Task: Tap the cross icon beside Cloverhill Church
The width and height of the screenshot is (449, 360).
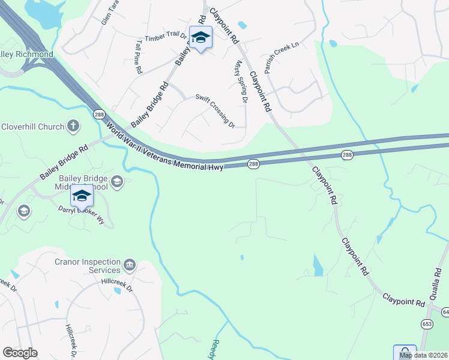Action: click(x=73, y=126)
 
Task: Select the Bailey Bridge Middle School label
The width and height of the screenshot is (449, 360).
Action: click(x=82, y=182)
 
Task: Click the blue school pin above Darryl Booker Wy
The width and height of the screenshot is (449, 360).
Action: click(x=82, y=196)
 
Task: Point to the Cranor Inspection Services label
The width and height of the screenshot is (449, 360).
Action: click(x=88, y=266)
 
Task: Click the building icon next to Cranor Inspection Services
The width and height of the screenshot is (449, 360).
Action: click(x=129, y=265)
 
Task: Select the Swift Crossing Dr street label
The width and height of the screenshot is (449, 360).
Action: click(x=215, y=110)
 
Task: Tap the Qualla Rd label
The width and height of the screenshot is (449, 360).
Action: click(x=442, y=277)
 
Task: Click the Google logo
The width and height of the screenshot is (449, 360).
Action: click(x=20, y=353)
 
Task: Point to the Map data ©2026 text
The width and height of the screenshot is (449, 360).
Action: click(x=423, y=355)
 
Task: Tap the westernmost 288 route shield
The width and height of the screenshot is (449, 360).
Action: click(x=98, y=113)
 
